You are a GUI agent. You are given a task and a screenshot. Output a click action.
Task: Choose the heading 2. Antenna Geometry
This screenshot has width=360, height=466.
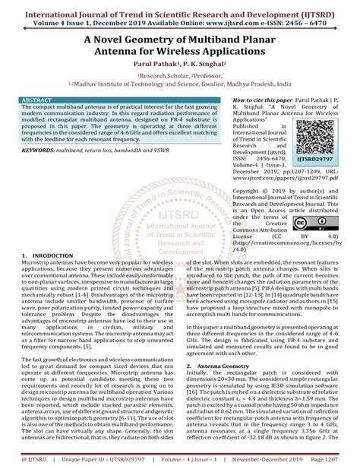(220, 366)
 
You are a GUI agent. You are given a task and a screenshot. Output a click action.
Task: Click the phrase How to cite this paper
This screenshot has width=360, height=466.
(228, 100)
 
